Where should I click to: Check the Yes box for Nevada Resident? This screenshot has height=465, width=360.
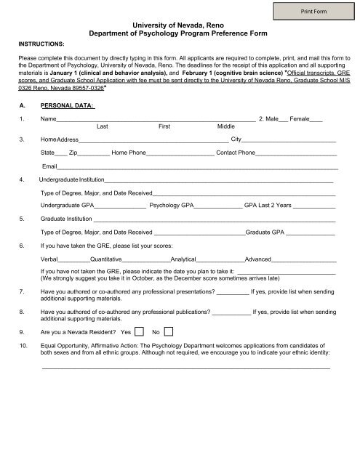point(141,331)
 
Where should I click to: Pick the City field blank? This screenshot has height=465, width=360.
point(289,139)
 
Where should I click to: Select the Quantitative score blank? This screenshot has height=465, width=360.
point(145,259)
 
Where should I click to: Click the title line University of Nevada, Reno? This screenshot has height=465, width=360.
point(180,25)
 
